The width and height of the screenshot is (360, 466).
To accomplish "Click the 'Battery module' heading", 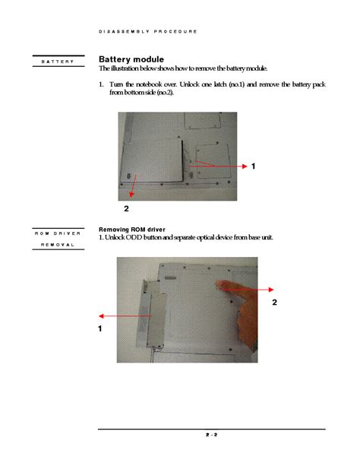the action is click(x=131, y=59).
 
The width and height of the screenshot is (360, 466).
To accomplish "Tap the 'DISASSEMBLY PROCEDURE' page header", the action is click(x=148, y=31).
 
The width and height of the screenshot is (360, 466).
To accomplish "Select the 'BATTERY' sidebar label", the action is click(x=58, y=62).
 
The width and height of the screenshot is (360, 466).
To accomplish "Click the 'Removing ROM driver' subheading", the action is click(x=132, y=230).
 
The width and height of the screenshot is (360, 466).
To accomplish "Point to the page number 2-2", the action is click(x=211, y=435).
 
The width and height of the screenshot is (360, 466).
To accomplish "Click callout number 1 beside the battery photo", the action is click(x=253, y=166).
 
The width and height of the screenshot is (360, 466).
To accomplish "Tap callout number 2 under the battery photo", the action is click(x=126, y=208).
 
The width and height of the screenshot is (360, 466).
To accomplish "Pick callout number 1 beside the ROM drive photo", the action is click(x=100, y=328).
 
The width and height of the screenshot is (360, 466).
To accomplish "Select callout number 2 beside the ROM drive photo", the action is click(x=274, y=303).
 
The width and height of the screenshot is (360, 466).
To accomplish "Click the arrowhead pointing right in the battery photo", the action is click(x=245, y=166).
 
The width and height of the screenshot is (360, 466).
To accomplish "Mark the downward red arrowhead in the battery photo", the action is click(x=131, y=195).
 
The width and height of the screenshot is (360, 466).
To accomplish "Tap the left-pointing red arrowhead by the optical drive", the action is click(x=101, y=316).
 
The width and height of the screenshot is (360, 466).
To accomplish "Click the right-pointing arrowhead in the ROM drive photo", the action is click(x=271, y=290).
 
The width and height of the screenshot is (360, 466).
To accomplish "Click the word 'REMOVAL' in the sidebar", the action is click(x=58, y=245).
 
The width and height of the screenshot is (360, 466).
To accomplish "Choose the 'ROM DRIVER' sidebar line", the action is click(x=58, y=233).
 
